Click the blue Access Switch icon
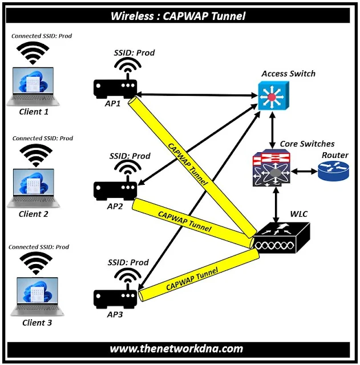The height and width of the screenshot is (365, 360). click(271, 96)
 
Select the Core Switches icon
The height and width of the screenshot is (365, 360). click(273, 169)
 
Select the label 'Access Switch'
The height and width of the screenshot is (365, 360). click(288, 74)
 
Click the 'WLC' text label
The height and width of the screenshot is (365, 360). click(298, 214)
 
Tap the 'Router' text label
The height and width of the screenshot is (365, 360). click(335, 155)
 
